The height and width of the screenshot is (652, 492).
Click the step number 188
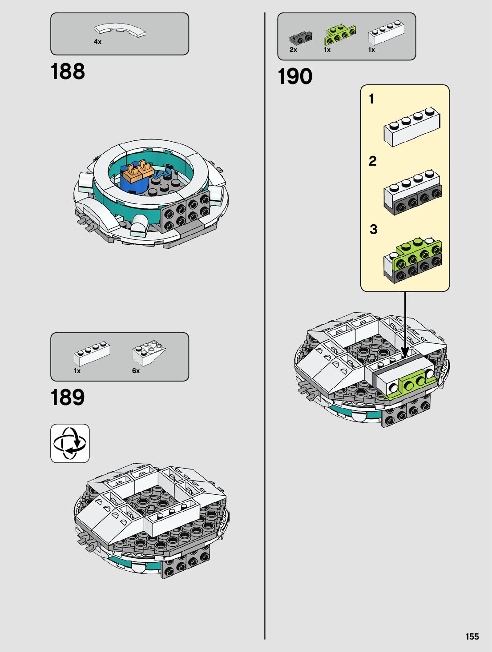coord(68,72)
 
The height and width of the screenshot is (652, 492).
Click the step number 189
coord(68,398)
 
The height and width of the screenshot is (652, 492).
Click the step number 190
coord(295,76)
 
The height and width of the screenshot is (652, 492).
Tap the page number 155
coord(472,636)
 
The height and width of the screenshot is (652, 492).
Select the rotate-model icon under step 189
coord(70,443)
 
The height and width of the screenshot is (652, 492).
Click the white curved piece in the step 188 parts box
coord(120,30)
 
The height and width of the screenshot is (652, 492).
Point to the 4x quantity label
coord(97,42)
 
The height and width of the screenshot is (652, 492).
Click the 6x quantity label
coord(136,371)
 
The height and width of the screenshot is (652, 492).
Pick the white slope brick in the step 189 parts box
coord(149,352)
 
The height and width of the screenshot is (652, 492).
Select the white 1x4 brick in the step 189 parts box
coord(92,354)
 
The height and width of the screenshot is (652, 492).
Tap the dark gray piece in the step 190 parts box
coord(300,38)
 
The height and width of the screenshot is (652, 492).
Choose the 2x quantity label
coord(293,50)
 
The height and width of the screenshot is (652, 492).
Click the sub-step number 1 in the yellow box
coord(371,99)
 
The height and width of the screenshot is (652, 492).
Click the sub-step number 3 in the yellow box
coord(373,230)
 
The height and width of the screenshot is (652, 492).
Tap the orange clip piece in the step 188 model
coord(138,172)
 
